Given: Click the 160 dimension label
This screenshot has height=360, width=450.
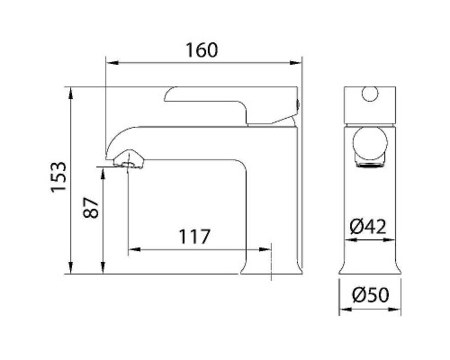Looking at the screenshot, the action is coord(202,50).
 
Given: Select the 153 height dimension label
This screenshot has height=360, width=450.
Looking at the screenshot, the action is coord(58,177).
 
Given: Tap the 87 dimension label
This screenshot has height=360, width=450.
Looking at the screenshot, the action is coord(91,207).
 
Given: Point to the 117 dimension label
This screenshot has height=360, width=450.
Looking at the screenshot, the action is coord(194,237).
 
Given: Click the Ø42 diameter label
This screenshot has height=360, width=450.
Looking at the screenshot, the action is coord(368,227).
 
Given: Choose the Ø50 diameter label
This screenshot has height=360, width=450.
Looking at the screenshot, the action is coord(370,294).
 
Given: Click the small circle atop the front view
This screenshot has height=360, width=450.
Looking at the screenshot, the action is coord(370,94).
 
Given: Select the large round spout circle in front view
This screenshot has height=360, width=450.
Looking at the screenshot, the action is coord(370,142).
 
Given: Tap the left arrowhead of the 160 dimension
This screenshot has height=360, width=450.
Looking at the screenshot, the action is coord(112,63).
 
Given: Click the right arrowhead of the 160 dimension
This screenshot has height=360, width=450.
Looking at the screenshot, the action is coord(295,63).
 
